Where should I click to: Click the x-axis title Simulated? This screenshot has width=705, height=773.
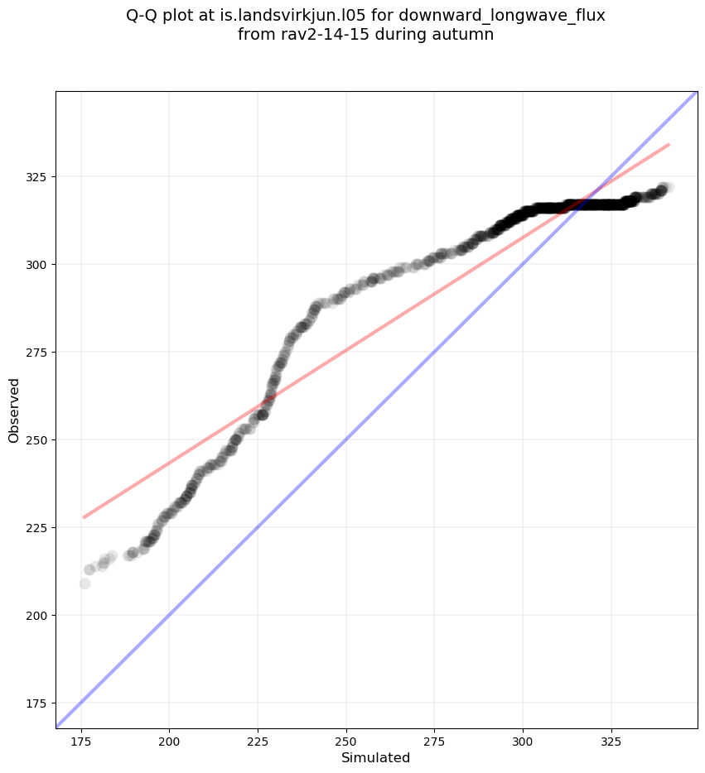(375, 757)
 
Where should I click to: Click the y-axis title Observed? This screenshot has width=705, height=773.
(14, 410)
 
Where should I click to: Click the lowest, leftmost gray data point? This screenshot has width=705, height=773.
(85, 583)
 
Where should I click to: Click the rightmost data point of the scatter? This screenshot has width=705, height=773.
(668, 188)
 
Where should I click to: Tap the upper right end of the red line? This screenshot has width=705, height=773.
(669, 144)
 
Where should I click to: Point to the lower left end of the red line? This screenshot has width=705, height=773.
(84, 517)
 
